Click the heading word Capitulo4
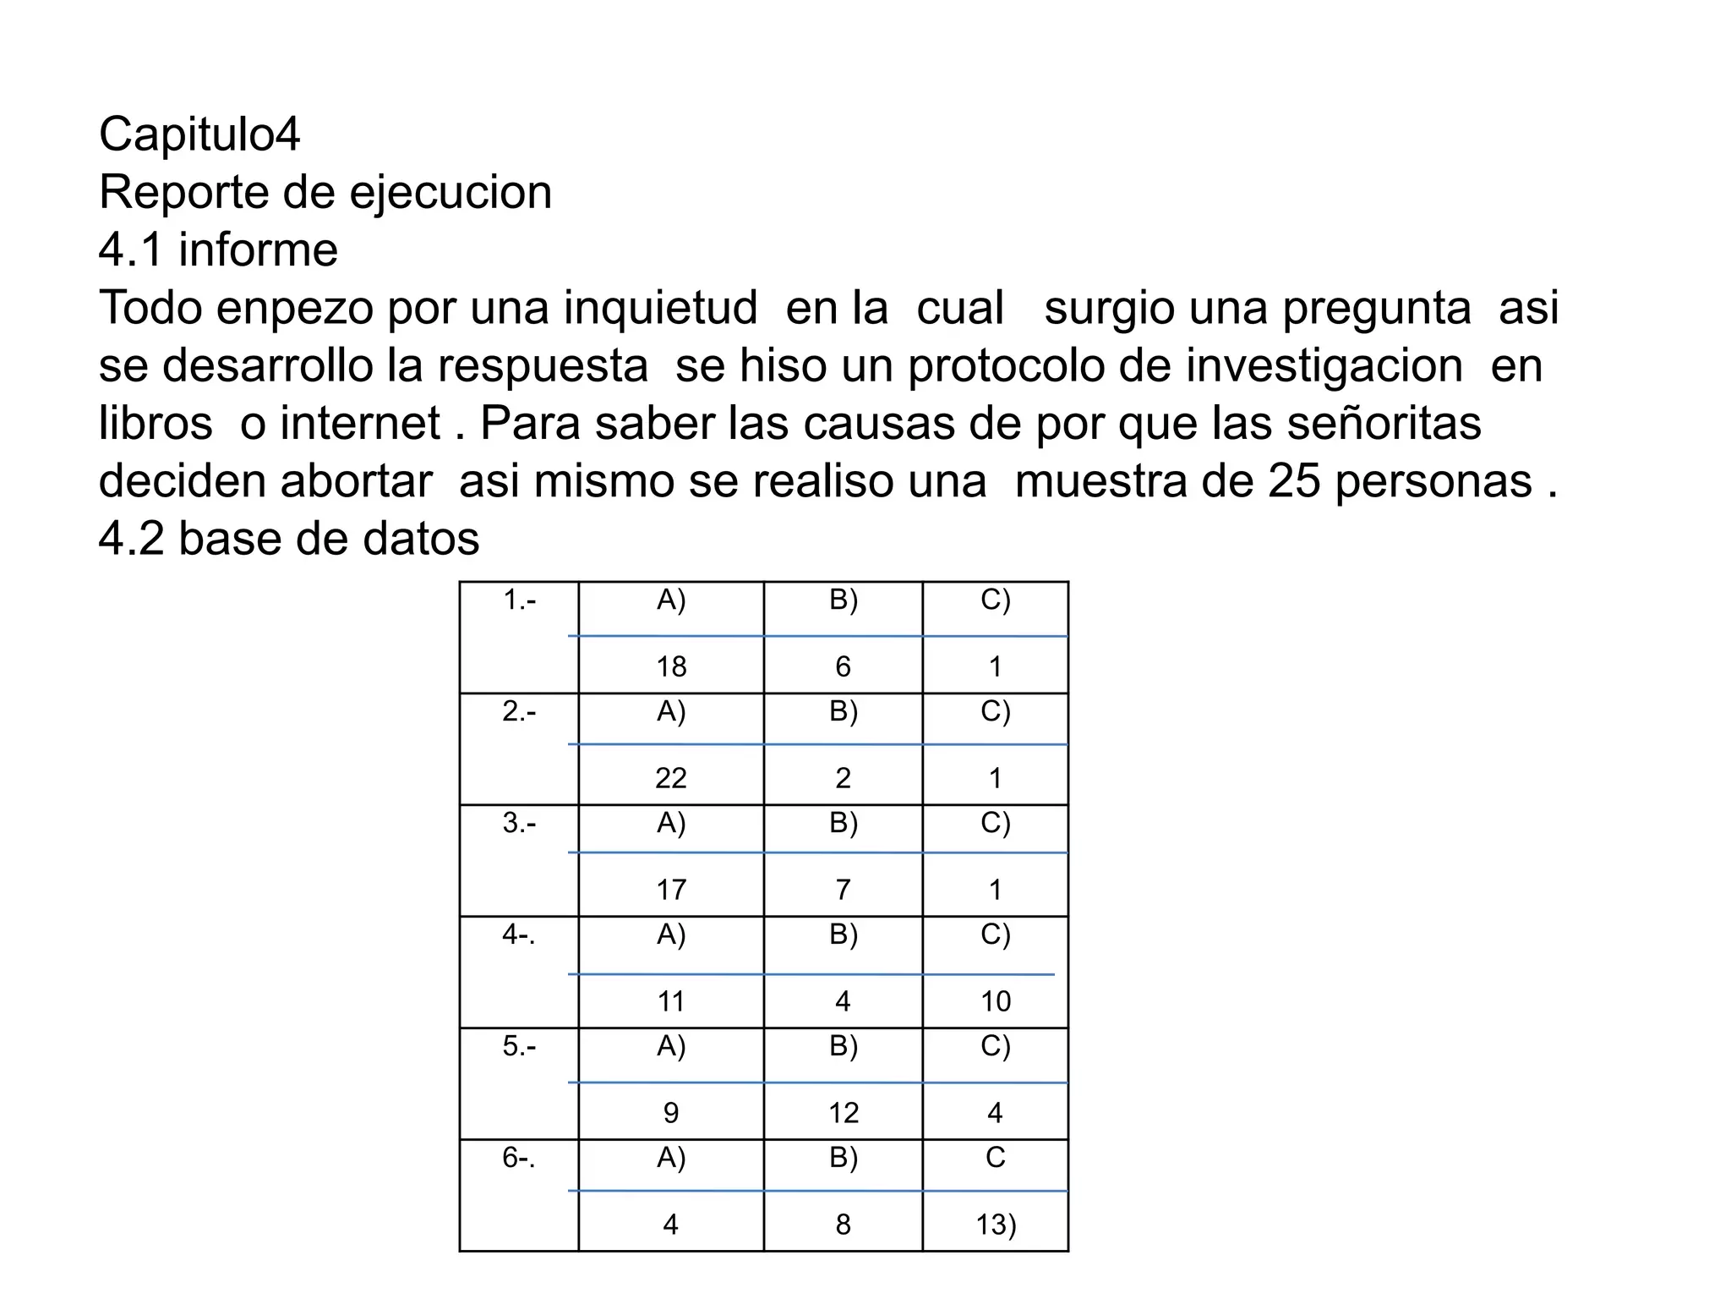point(199,134)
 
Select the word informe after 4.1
point(258,250)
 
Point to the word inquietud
point(660,308)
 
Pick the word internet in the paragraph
point(361,423)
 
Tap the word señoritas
point(1384,423)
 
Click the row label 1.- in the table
point(519,600)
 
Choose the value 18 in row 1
point(671,667)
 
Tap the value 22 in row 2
point(671,778)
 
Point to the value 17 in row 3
point(671,890)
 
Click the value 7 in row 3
point(843,890)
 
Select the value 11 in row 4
point(671,1001)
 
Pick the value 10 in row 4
point(996,1001)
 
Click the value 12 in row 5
point(843,1113)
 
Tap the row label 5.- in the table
point(519,1047)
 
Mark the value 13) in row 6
point(996,1225)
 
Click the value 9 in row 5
point(671,1113)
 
